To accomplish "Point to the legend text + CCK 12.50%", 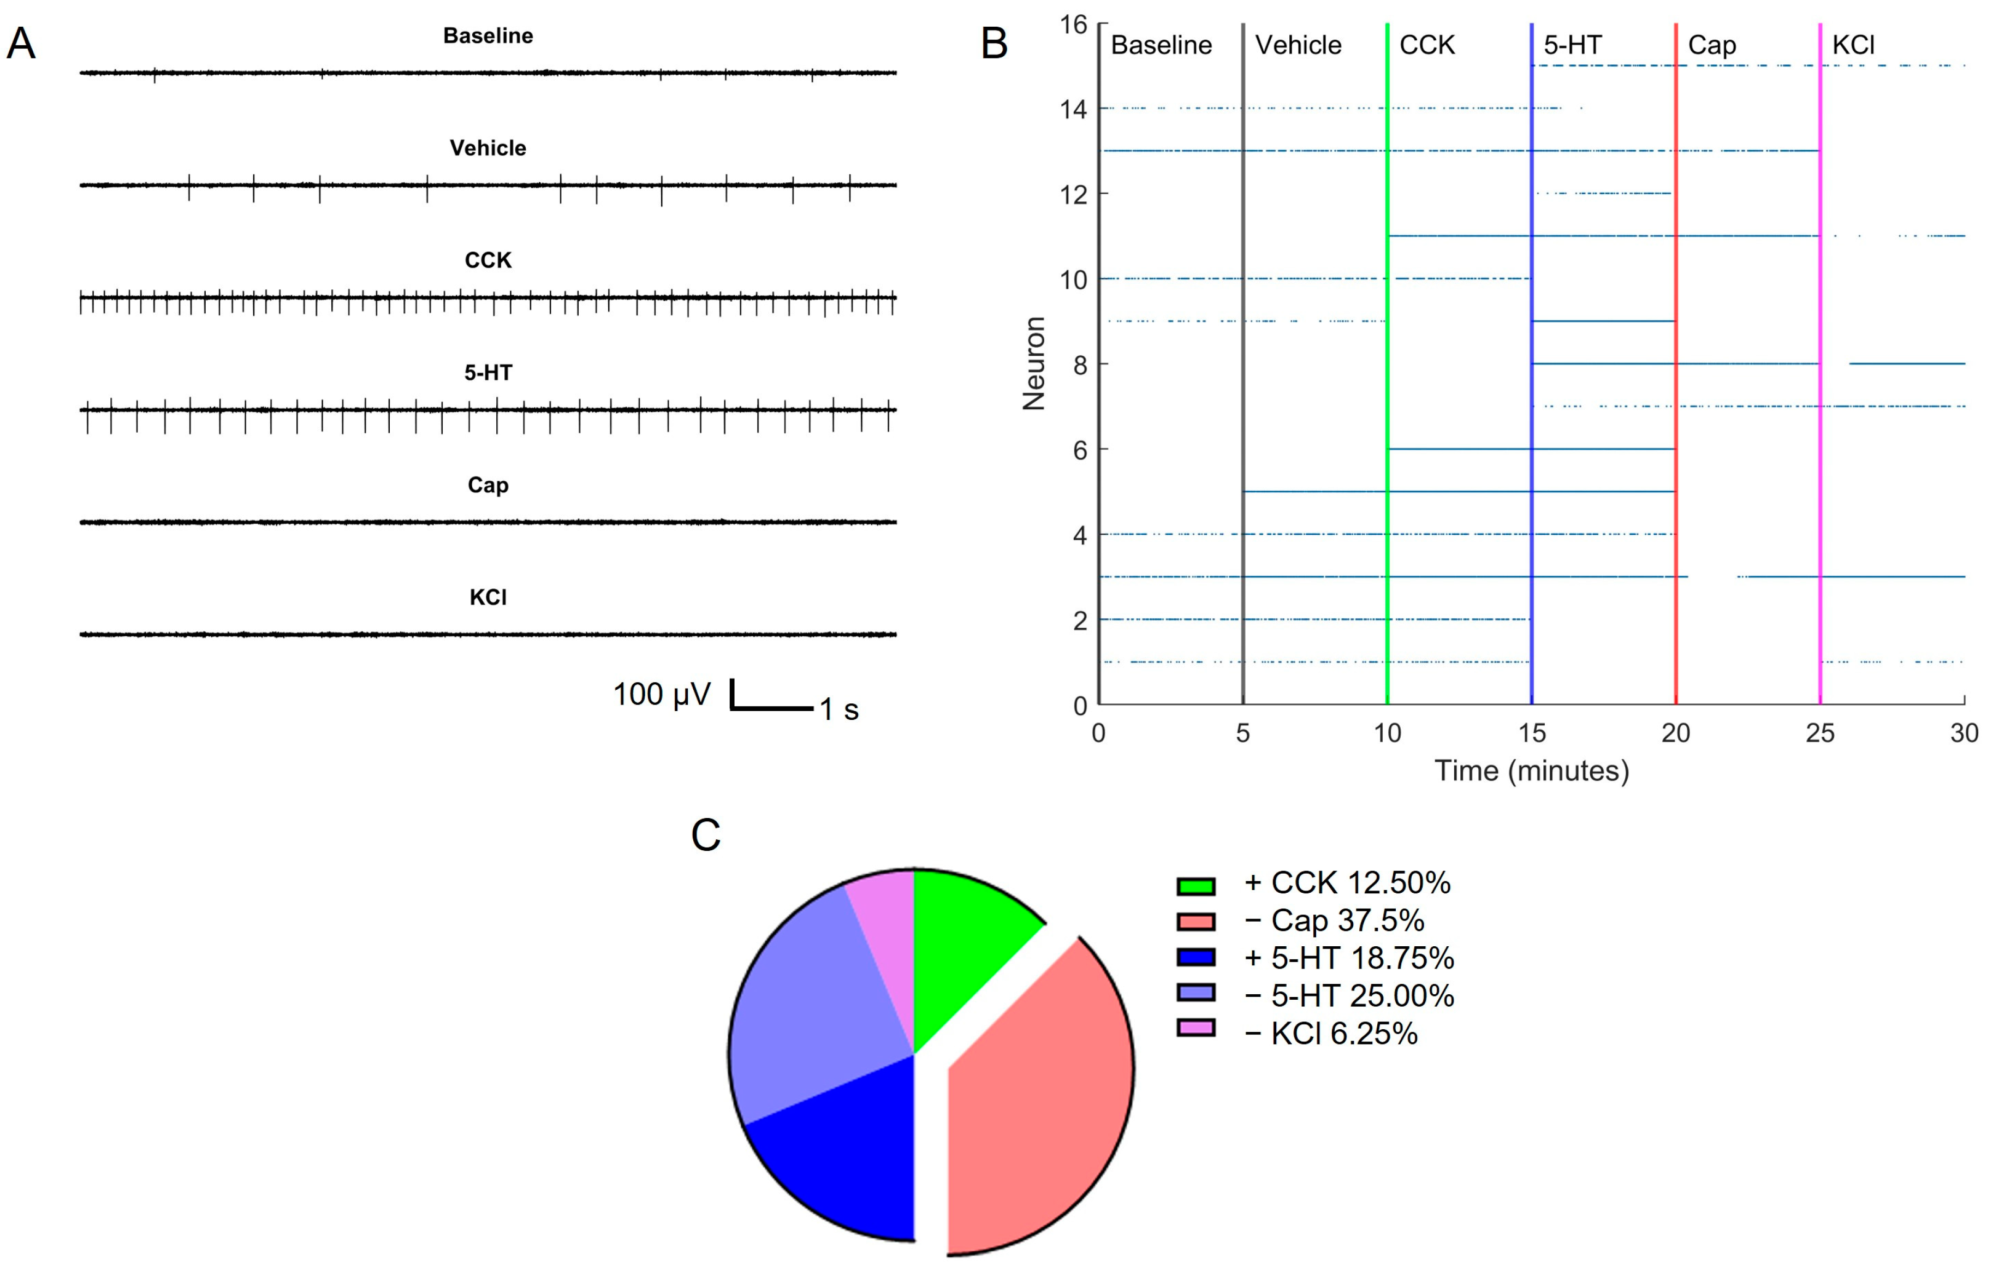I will [x=1347, y=883].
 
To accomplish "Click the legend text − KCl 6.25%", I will [x=1331, y=1034].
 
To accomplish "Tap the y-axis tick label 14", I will [x=1074, y=109].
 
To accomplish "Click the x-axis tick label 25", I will [x=1820, y=733].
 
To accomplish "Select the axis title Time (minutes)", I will [x=1531, y=771].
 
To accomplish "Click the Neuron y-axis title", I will [x=1034, y=364].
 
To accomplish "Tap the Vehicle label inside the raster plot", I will [x=1298, y=45].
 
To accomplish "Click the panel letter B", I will [x=994, y=44].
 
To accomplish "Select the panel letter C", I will [x=706, y=836].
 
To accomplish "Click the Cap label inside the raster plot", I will [x=1711, y=45].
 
